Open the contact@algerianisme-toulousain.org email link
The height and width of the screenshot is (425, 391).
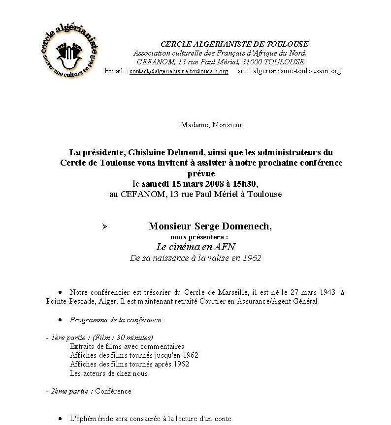pos(179,71)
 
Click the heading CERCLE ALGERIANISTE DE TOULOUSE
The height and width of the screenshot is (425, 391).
pos(234,44)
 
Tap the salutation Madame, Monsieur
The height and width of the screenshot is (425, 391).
pos(211,125)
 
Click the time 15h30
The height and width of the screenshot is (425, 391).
pos(244,183)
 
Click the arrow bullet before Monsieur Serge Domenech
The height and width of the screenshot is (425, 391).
pos(104,227)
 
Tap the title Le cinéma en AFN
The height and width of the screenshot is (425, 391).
pos(196,247)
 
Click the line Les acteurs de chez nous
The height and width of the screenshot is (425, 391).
pos(108,373)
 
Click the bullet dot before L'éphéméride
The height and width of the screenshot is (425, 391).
pos(60,419)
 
